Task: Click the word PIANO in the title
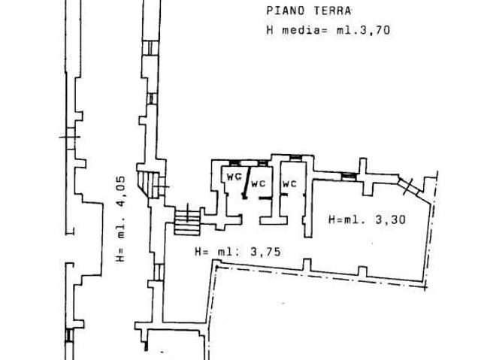coord(286,11)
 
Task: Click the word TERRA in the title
coord(332,11)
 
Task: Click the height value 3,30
coord(390,219)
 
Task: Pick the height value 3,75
coord(265,252)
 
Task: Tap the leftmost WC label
coord(234,177)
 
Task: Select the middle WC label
coord(258,183)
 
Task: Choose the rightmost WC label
coord(289,183)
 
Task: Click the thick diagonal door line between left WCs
coord(247,183)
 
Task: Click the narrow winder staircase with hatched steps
coord(149,184)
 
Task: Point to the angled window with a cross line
coord(409,186)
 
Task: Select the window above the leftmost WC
coord(235,163)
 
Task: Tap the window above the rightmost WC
coord(295,158)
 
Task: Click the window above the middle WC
coord(262,163)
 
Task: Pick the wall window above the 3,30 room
coord(349,177)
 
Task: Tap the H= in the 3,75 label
coord(202,252)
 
